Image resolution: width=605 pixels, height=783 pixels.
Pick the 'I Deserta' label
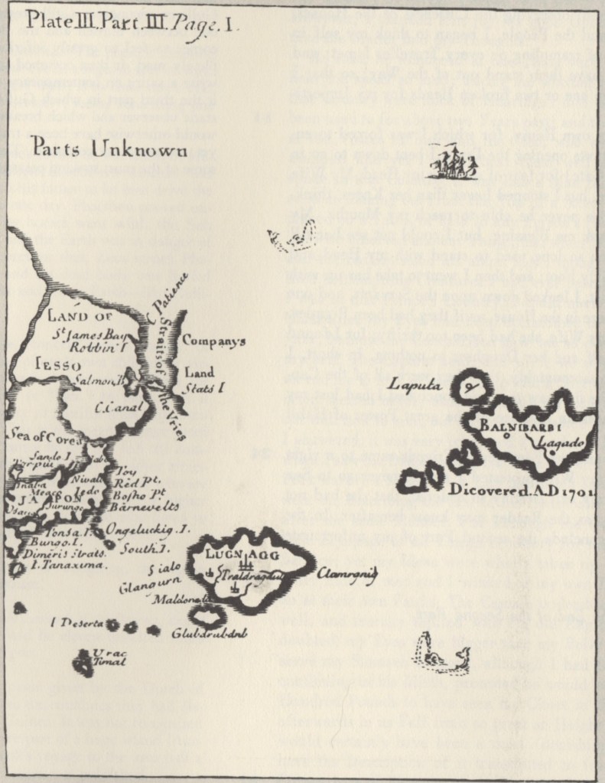pos(76,623)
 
